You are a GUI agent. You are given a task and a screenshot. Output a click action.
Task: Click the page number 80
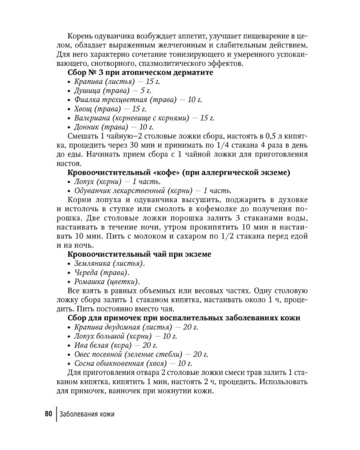click(48, 415)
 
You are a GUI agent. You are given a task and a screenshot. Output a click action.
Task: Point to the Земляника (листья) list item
click(109, 263)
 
